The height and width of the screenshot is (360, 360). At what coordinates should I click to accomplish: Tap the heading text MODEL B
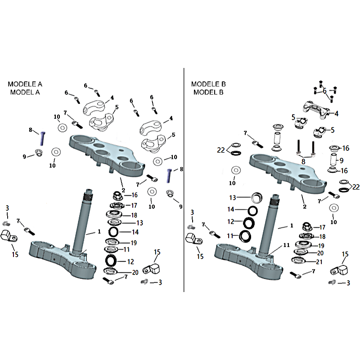tap(208, 92)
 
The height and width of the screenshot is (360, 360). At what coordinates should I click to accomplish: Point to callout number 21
tap(319, 262)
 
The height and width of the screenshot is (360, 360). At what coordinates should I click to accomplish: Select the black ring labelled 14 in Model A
tap(113, 232)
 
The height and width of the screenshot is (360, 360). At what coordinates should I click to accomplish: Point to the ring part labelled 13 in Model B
tap(258, 197)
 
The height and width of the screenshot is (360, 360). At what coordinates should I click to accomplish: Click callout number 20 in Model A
tap(135, 272)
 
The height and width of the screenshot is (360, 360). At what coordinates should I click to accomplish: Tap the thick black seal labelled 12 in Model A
tap(111, 260)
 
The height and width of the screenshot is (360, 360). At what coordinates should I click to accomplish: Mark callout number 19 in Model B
tap(321, 245)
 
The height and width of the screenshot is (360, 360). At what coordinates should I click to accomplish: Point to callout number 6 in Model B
tap(324, 91)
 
